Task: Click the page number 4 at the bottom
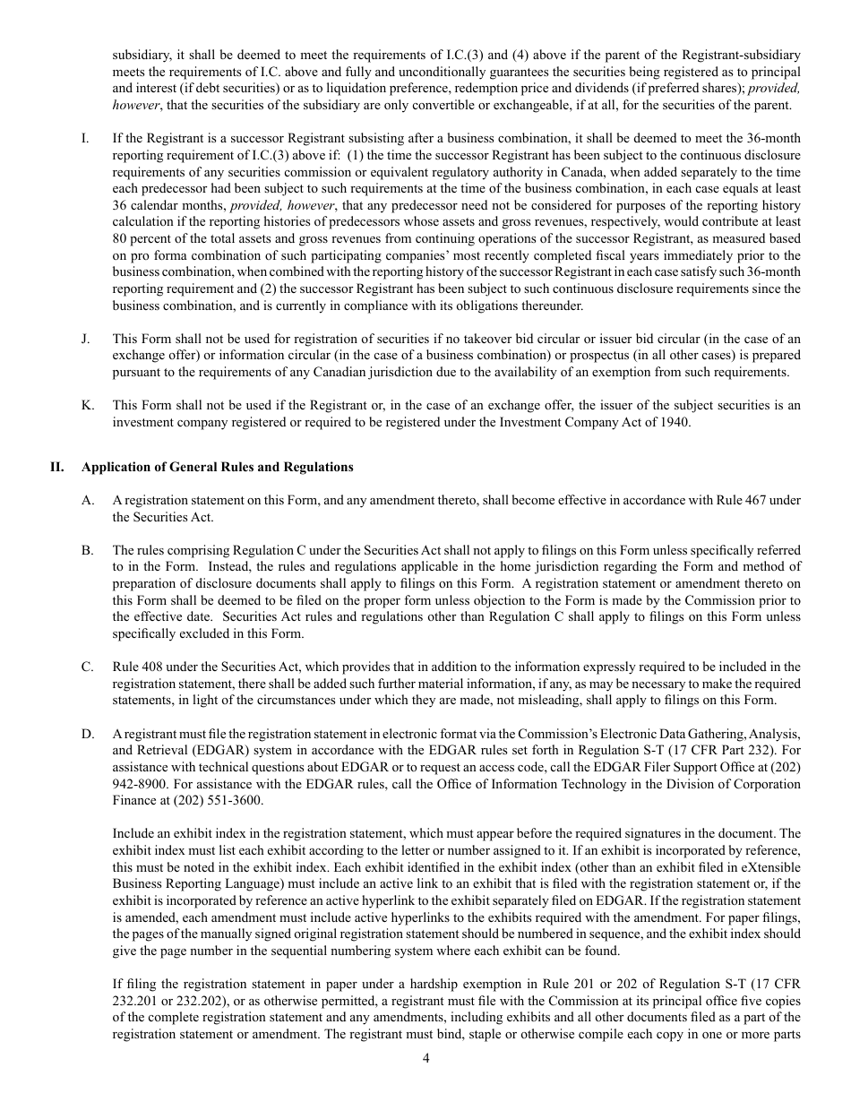click(425, 1058)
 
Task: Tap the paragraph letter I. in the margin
click(84, 138)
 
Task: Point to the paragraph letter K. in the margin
click(87, 405)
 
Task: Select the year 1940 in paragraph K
click(671, 422)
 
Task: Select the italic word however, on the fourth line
click(135, 105)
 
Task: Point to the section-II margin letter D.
click(87, 734)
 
